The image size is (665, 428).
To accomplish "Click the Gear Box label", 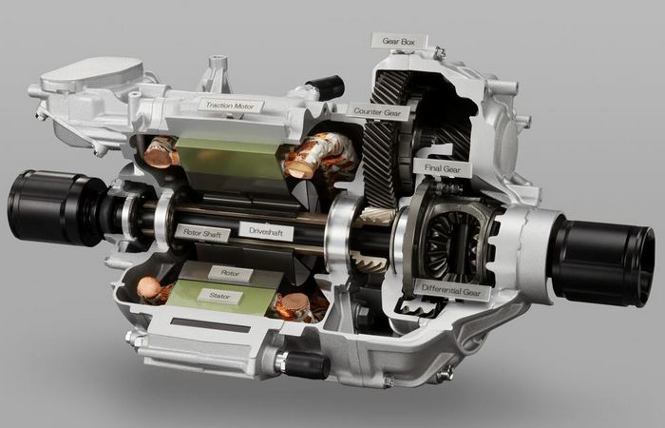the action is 399,41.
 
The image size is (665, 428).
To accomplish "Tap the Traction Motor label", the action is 230,106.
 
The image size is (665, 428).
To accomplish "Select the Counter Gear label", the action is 377,112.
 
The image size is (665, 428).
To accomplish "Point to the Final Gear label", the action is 442,168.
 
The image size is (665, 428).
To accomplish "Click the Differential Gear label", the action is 451,291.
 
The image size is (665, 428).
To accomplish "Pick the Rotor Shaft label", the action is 202,233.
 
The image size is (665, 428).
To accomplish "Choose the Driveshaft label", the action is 265,231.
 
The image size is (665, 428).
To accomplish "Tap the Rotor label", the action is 230,274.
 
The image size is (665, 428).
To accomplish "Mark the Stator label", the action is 219,296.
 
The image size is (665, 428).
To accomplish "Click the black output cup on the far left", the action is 55,207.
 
